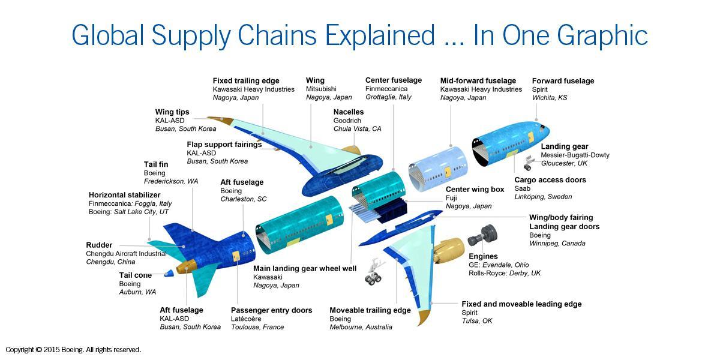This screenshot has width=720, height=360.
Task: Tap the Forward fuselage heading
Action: pyautogui.click(x=563, y=81)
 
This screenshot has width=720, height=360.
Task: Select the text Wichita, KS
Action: pyautogui.click(x=549, y=98)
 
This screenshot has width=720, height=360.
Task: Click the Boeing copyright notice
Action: pyautogui.click(x=73, y=350)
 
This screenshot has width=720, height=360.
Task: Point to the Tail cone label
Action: pyautogui.click(x=136, y=275)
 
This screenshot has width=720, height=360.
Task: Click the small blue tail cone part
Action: pyautogui.click(x=169, y=273)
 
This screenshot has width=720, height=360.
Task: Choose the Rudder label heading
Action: pyautogui.click(x=99, y=245)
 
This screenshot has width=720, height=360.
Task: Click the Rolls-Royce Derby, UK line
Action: pyautogui.click(x=505, y=273)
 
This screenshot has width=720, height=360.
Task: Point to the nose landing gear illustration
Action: pyautogui.click(x=529, y=163)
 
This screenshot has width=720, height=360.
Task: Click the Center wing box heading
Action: pyautogui.click(x=475, y=190)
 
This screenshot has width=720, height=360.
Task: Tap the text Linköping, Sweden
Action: pyautogui.click(x=543, y=197)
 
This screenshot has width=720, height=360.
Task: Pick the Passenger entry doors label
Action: pyautogui.click(x=271, y=310)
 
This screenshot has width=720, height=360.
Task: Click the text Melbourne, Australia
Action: pyautogui.click(x=361, y=327)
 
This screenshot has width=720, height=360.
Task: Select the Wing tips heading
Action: pyautogui.click(x=172, y=112)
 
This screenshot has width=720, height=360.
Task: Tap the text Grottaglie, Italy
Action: pyautogui.click(x=388, y=97)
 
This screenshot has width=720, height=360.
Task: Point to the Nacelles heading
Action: pyautogui.click(x=349, y=112)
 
